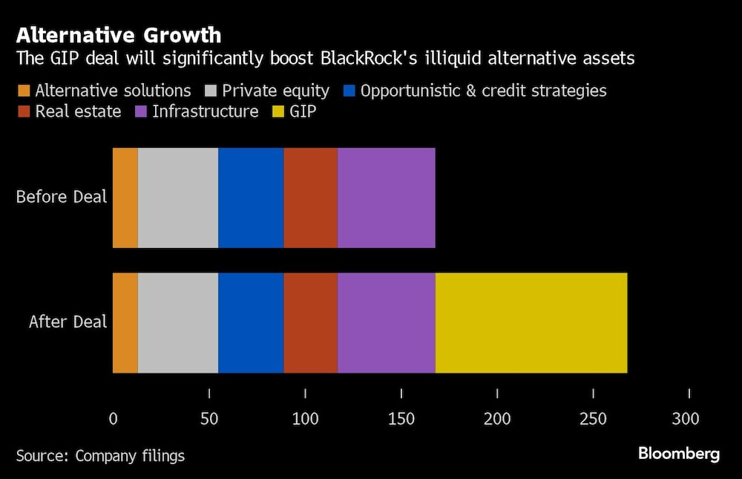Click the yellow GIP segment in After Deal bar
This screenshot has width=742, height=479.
pos(531,322)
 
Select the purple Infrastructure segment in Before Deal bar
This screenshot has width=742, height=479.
pos(386,198)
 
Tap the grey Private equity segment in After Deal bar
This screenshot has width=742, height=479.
pos(178,322)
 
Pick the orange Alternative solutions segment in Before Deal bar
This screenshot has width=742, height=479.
pos(125,198)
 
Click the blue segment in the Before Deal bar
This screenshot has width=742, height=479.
pos(251,198)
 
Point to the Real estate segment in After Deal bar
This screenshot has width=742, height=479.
pos(310,322)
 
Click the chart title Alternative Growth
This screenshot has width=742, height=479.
pos(119,35)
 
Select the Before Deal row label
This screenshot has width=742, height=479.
pos(62,198)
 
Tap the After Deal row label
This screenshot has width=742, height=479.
pos(68,322)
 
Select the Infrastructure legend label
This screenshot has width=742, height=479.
pos(205,112)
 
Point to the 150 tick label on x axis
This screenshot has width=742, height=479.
pos(401,419)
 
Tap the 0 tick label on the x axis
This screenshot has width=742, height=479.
pos(113,419)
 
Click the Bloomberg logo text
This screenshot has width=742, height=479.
pos(679,454)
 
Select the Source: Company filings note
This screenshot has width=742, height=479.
pos(100,455)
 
